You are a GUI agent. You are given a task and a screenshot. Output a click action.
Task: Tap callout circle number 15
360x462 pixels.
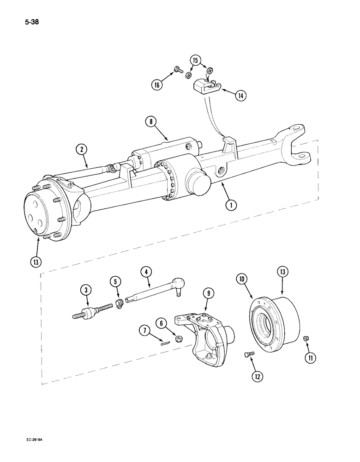[195, 61]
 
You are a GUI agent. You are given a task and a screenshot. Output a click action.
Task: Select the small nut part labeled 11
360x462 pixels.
[306, 340]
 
